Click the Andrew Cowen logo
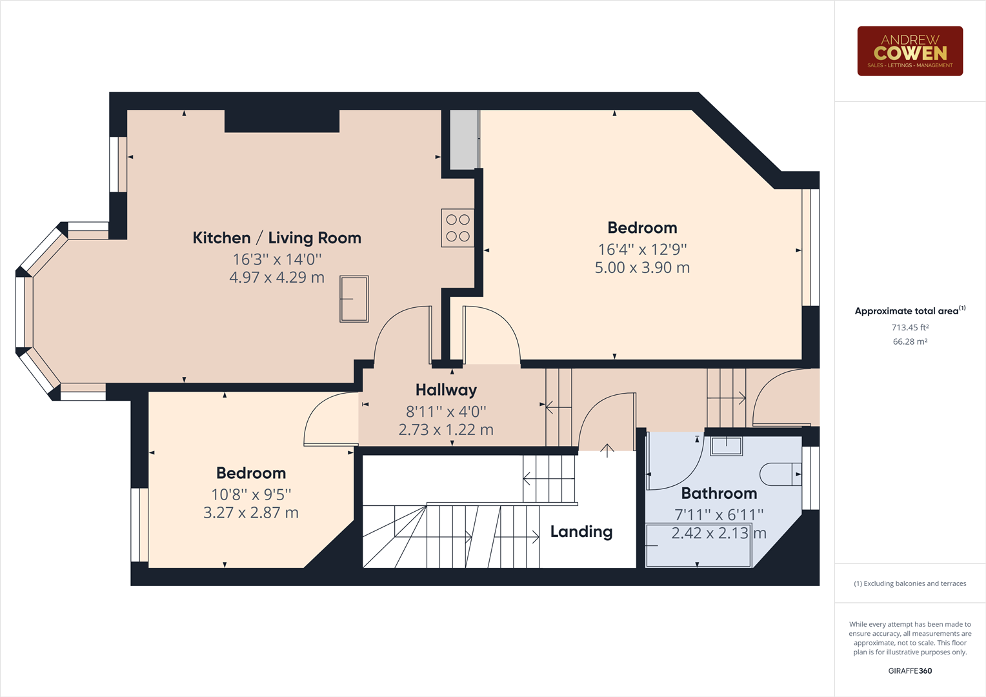tap(910, 51)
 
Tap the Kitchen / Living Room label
tap(277, 238)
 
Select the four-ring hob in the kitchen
tap(458, 228)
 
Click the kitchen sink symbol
tap(354, 299)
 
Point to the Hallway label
tap(446, 390)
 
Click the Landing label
tap(581, 532)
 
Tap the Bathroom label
tap(719, 494)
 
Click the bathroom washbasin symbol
tap(727, 445)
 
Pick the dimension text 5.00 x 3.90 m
tap(642, 268)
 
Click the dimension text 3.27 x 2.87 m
tap(251, 513)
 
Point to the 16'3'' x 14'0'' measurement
tap(277, 259)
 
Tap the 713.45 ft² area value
tap(910, 328)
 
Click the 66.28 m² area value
tap(910, 342)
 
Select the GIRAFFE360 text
tap(910, 671)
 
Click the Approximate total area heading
tap(907, 311)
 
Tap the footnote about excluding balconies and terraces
tap(910, 584)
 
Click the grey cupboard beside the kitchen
tap(463, 140)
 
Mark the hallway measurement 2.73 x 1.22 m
tap(446, 430)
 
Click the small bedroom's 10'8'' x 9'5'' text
tap(251, 495)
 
